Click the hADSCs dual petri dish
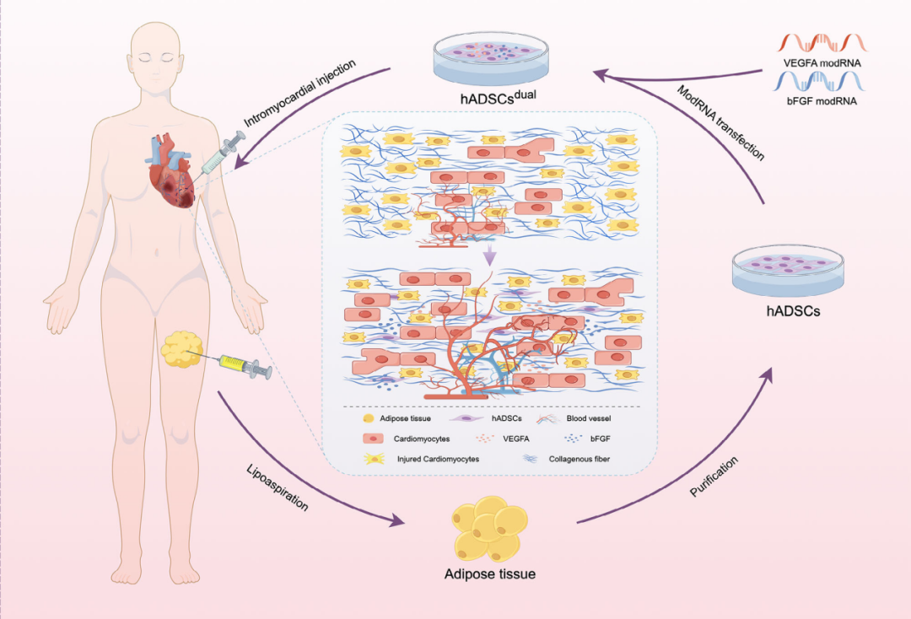491,58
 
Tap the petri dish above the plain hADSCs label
788,271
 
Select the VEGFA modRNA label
822,63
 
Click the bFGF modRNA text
822,101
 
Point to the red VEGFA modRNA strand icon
822,43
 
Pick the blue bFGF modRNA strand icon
818,81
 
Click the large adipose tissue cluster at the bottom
490,528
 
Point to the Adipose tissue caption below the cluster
490,574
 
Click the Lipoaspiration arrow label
278,487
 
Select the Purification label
714,476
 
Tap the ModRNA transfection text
720,122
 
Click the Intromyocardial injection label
299,93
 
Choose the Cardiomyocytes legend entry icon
373,439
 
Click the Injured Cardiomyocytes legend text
438,459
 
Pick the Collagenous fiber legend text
579,459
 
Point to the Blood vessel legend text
589,418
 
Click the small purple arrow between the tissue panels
490,255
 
